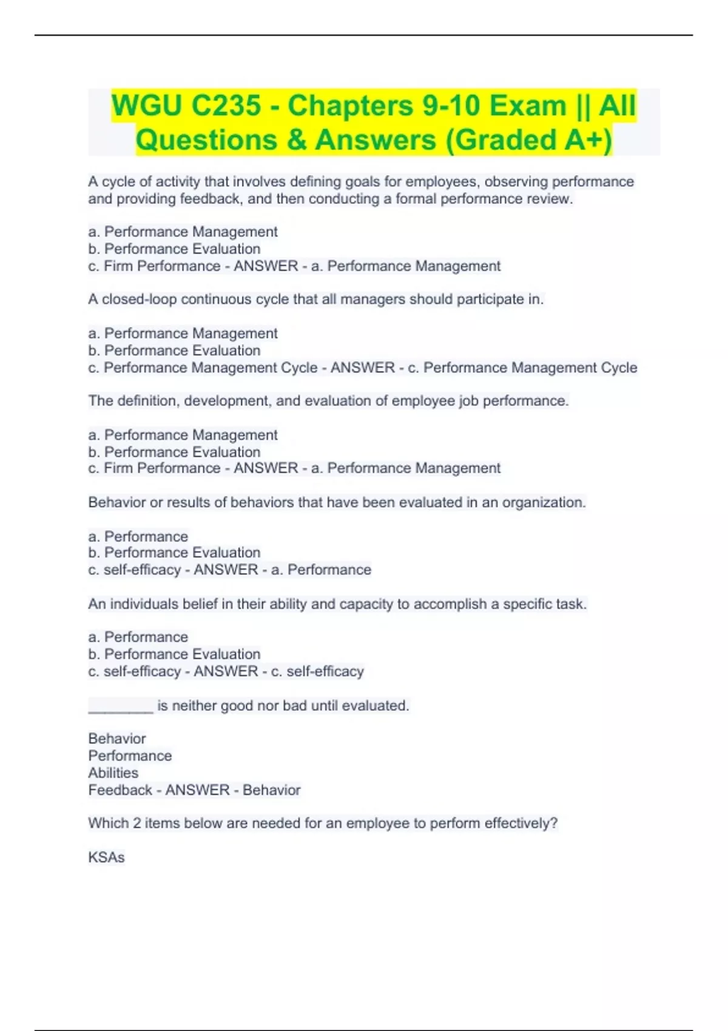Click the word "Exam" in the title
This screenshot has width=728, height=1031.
click(x=528, y=106)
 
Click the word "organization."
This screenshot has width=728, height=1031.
click(x=544, y=502)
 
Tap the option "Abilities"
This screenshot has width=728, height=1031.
click(x=113, y=773)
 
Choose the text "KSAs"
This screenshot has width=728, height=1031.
click(x=106, y=858)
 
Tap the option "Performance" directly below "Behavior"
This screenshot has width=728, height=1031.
click(x=130, y=756)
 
